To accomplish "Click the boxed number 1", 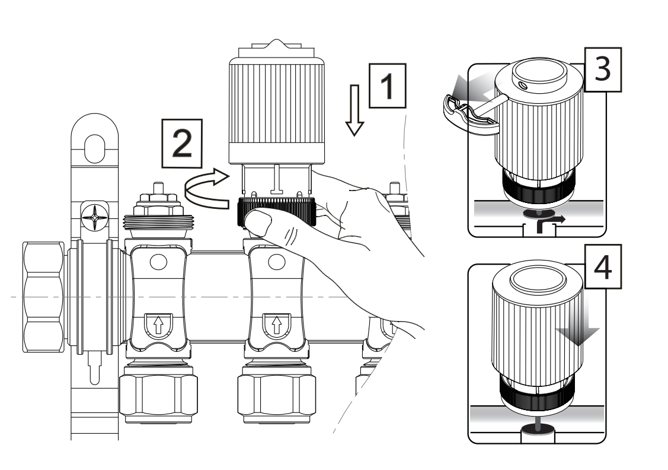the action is [x=387, y=85].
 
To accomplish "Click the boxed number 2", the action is [x=182, y=143].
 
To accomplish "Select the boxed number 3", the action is [x=603, y=69].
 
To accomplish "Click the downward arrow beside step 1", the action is [x=354, y=110].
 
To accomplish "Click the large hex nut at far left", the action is [x=43, y=297].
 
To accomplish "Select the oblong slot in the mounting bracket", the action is [x=94, y=149].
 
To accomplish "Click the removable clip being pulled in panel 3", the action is [x=469, y=115].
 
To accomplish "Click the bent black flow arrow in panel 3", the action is [x=549, y=224].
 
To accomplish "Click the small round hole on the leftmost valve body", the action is [x=158, y=262].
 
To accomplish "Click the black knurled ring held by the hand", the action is [x=277, y=213].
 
